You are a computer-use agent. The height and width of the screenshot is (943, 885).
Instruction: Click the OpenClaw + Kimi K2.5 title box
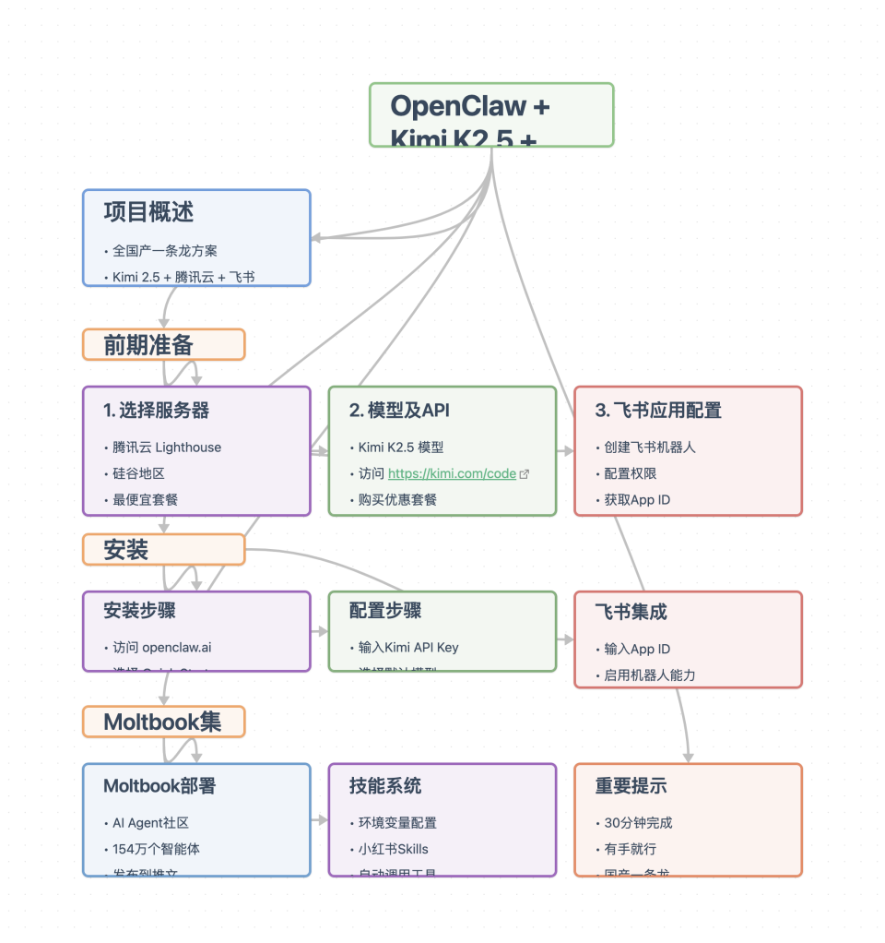(x=490, y=115)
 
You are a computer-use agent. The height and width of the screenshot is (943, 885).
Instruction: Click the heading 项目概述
(x=148, y=212)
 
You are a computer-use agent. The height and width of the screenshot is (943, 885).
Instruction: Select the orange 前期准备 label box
(x=163, y=345)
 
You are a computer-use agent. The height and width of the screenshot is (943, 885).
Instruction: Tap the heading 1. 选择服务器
(x=157, y=411)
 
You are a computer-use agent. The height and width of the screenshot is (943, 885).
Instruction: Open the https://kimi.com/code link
(x=452, y=473)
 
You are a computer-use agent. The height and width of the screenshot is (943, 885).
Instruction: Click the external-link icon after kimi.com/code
(x=525, y=474)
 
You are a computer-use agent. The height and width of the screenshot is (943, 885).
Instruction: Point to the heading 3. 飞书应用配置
(x=658, y=411)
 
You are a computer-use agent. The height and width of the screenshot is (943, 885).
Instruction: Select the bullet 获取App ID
(x=637, y=499)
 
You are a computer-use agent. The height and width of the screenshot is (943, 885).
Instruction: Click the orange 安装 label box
(x=163, y=550)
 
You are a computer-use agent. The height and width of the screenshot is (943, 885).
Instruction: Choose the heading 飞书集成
(x=631, y=612)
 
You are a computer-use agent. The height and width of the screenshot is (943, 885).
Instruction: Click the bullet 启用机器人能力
(x=650, y=675)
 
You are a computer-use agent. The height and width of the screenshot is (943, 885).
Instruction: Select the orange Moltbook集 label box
(x=163, y=722)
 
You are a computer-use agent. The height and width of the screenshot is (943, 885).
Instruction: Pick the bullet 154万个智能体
(x=156, y=849)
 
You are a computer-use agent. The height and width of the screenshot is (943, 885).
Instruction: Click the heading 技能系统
(x=385, y=786)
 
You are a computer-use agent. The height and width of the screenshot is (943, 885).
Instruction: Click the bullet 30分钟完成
(x=639, y=823)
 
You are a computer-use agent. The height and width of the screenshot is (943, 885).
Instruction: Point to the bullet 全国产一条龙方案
(x=165, y=251)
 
